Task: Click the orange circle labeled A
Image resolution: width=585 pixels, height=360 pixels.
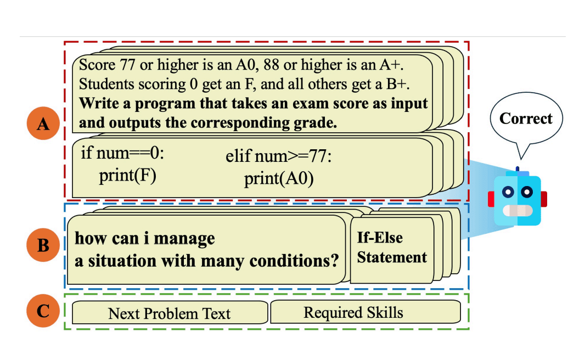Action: [x=43, y=125]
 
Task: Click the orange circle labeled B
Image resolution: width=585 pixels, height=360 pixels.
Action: [x=43, y=245]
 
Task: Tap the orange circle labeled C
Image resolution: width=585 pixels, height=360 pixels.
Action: [x=43, y=311]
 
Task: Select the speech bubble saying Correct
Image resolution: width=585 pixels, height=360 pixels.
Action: [x=526, y=119]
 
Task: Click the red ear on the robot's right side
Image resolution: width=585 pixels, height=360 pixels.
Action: [x=544, y=199]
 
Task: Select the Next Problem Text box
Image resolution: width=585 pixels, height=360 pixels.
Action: [x=169, y=313]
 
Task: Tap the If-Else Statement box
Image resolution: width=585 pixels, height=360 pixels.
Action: [x=391, y=248]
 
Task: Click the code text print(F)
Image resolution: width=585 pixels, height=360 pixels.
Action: [x=127, y=176]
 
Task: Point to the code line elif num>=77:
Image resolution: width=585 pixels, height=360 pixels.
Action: [x=279, y=156]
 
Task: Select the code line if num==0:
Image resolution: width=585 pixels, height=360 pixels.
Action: [x=122, y=153]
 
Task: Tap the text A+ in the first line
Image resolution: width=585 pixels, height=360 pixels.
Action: [x=391, y=65]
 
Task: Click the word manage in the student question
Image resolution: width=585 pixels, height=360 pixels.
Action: [x=185, y=239]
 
